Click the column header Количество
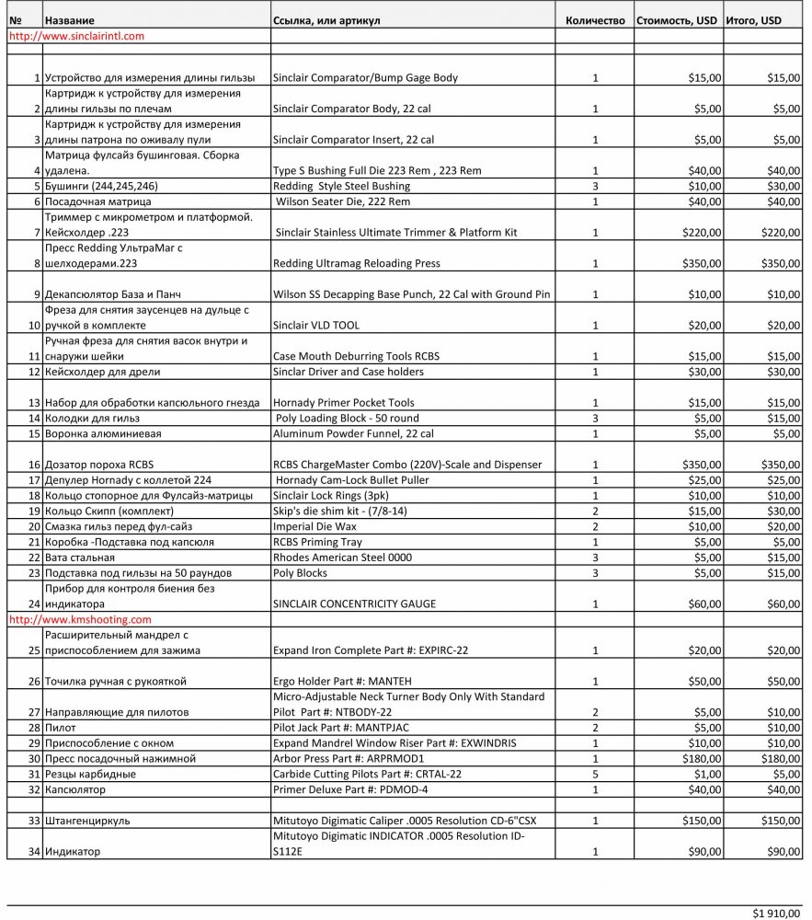(595, 20)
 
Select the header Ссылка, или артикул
(326, 20)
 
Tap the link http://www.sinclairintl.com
(76, 36)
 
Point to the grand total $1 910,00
(776, 913)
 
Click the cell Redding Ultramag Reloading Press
(357, 263)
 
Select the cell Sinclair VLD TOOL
(316, 326)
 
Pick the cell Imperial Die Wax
(315, 526)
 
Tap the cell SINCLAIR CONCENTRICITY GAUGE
(354, 604)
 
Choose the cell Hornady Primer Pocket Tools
(344, 402)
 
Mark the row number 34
(34, 852)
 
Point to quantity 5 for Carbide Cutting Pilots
(595, 774)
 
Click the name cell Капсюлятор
(74, 789)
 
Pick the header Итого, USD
(753, 20)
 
